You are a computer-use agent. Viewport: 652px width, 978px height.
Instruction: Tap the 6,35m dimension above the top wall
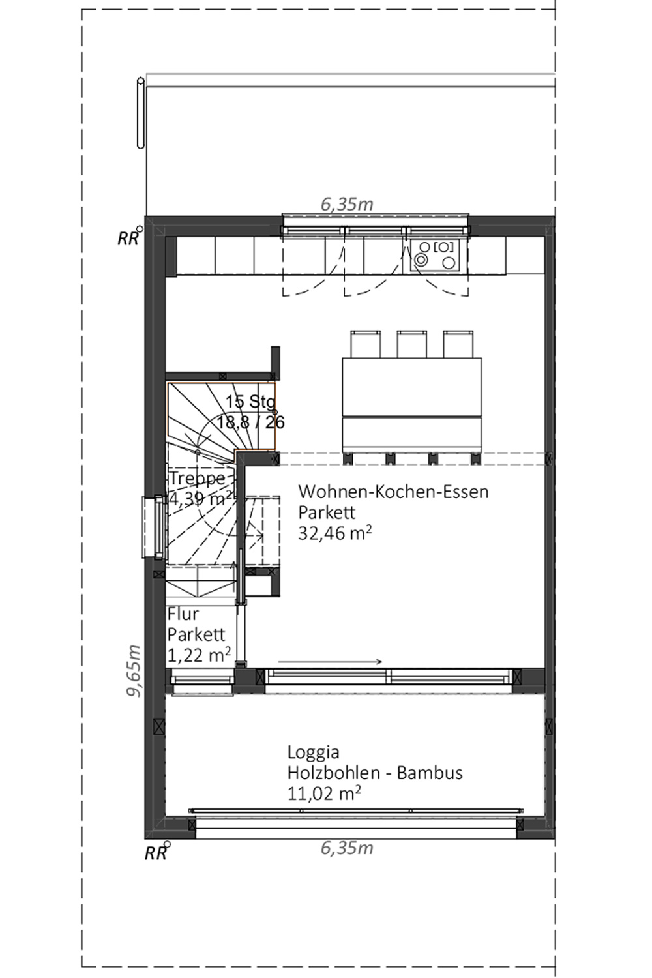pos(347,204)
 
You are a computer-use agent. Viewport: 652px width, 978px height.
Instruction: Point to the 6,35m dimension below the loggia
pos(347,848)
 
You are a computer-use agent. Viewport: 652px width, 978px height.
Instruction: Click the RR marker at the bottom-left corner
pos(156,852)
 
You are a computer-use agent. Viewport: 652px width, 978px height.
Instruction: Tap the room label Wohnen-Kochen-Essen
pos(393,492)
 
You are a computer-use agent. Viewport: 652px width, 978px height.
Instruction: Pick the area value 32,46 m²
pos(335,533)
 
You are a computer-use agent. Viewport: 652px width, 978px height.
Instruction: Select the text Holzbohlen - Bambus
pos(375,773)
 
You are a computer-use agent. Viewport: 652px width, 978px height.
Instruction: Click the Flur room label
pos(183,614)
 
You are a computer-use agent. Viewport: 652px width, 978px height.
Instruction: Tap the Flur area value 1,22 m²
pos(199,655)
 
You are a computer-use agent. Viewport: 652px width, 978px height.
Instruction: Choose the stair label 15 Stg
pos(250,402)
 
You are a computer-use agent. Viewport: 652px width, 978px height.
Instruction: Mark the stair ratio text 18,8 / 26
pos(250,422)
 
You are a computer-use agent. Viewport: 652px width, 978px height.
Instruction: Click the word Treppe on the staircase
pos(197,478)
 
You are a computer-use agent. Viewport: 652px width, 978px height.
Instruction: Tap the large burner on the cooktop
pos(449,262)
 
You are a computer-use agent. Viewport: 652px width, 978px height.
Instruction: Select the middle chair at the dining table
pos(411,344)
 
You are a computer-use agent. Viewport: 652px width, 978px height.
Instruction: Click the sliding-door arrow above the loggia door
pos(330,662)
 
